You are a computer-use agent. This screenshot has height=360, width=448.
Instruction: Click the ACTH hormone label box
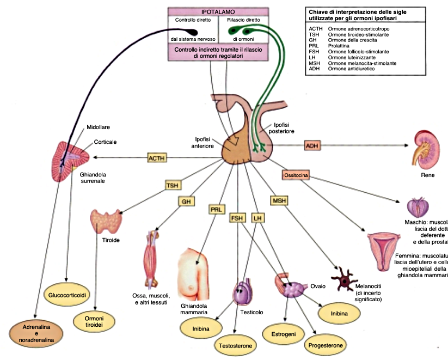[x=156, y=158]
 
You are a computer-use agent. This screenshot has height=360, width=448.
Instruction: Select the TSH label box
[x=173, y=186]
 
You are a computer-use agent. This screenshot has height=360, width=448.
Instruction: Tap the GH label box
[x=186, y=201]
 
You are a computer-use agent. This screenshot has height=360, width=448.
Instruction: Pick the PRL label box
[x=216, y=209]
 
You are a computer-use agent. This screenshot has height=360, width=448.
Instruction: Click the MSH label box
[x=279, y=201]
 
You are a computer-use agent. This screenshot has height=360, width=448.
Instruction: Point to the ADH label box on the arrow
[x=312, y=146]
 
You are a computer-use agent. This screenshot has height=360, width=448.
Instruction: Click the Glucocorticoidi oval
[x=67, y=295]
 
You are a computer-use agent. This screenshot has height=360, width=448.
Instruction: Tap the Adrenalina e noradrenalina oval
[x=37, y=333]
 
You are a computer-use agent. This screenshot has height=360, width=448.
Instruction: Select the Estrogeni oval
[x=280, y=333]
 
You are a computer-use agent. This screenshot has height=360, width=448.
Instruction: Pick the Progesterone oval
[x=326, y=345]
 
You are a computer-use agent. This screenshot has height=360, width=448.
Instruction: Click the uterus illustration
[x=384, y=248]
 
